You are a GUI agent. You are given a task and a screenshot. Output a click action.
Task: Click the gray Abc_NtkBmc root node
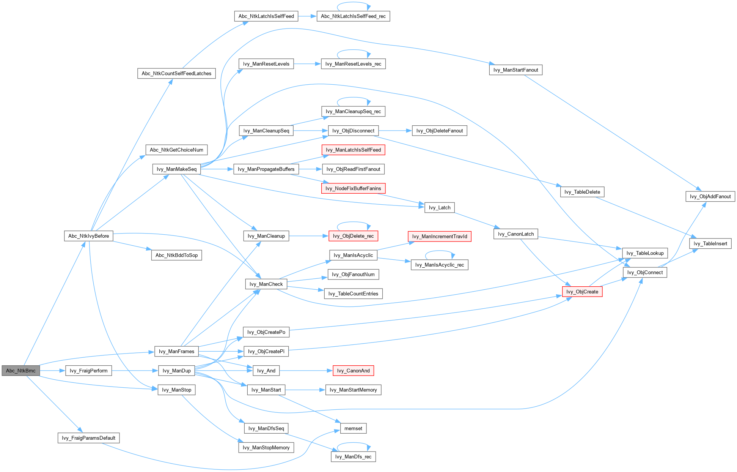pos(20,371)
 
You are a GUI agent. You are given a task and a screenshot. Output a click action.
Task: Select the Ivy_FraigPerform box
pos(89,371)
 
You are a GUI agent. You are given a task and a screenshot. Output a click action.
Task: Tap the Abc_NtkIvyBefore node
pos(88,236)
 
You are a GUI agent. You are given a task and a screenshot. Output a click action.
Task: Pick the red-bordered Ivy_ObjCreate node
pos(582,292)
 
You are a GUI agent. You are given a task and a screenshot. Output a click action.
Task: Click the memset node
pos(353,428)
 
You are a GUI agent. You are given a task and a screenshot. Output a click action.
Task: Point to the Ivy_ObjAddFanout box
pos(710,196)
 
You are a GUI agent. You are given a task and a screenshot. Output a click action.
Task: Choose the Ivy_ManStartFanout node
pos(515,70)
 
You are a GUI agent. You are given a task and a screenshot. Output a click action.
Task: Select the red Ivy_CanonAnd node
pos(353,371)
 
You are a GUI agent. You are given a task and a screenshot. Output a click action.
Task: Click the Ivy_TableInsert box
pos(710,243)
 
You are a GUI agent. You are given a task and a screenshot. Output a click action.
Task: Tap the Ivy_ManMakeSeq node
pos(176,169)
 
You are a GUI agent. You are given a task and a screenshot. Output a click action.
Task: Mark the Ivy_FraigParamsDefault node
pos(88,438)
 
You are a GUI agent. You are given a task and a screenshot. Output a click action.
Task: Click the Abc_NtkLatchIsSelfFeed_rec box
pos(353,16)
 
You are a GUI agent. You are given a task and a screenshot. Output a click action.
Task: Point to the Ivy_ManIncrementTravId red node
pos(440,236)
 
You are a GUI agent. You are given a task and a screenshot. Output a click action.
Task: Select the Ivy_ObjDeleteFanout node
pos(439,131)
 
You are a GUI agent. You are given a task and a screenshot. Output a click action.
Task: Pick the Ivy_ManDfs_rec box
pos(353,456)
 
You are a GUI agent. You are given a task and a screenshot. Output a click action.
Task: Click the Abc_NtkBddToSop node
pos(176,255)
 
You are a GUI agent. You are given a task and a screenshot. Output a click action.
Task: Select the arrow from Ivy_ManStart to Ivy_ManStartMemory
pos(305,390)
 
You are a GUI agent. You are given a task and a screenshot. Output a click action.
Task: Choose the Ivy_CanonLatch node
pos(515,234)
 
